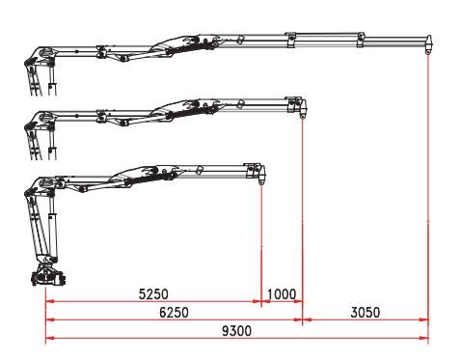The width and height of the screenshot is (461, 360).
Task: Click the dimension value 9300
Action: point(236,330)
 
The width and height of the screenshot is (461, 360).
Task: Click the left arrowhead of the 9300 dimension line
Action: point(49,338)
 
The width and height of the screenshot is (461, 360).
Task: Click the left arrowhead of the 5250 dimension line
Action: point(49,302)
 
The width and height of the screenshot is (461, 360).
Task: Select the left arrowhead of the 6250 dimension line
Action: point(49,319)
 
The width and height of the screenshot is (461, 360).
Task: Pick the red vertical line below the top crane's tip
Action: point(428,193)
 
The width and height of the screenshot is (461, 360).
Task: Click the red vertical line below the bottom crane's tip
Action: point(262,241)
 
